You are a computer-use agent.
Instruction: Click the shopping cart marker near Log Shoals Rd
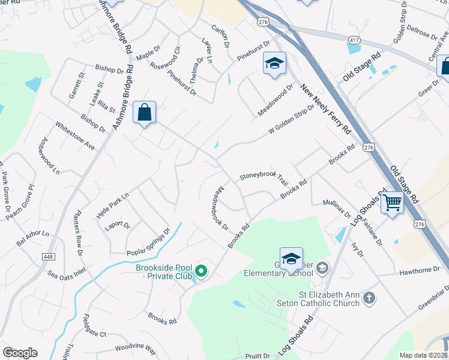pos(392,202)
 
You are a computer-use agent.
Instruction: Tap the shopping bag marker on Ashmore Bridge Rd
pos(145,112)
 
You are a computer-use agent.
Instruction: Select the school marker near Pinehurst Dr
pos(274,63)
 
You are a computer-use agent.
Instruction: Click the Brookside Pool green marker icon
pos(201,272)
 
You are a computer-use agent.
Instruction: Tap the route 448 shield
pos(49,256)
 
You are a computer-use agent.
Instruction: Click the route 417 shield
pos(354,39)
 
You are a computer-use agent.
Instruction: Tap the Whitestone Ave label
pos(75,136)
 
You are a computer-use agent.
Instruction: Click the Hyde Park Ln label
pos(112,205)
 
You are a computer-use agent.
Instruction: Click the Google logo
pos(20,353)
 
